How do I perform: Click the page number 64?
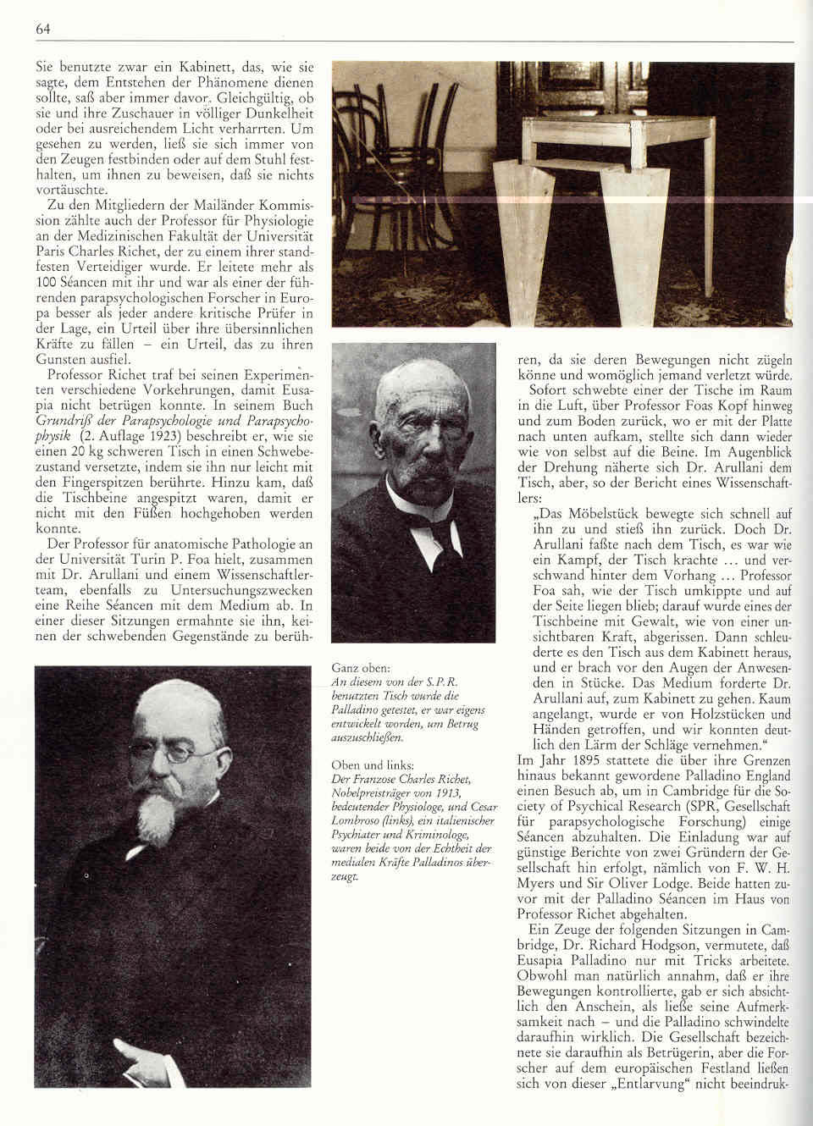click(43, 30)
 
